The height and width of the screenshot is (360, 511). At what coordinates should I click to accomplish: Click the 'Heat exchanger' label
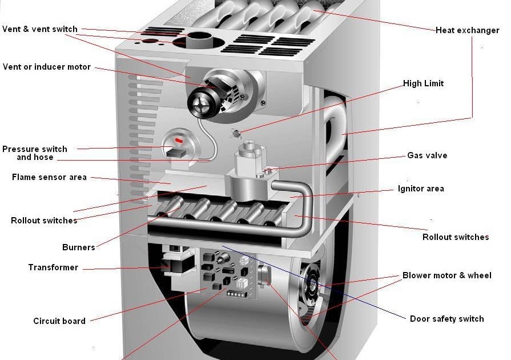click(467, 30)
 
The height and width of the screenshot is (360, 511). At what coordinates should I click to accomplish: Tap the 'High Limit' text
click(423, 83)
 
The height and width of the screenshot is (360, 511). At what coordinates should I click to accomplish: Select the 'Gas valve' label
click(427, 155)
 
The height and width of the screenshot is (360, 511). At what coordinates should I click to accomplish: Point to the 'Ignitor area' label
click(421, 189)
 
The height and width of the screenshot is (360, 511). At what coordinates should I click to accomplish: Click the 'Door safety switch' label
click(446, 319)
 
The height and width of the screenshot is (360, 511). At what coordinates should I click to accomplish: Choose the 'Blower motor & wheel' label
click(446, 275)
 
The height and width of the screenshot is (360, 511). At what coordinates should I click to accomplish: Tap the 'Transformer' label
click(53, 267)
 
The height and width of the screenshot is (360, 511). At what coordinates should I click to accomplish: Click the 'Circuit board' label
click(59, 321)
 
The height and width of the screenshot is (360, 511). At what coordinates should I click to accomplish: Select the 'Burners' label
click(79, 247)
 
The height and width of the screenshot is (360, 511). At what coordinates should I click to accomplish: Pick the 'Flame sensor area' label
click(50, 177)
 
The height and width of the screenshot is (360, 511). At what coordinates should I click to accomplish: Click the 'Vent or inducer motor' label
click(47, 67)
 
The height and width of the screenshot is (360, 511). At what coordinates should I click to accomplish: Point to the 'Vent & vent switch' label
click(40, 29)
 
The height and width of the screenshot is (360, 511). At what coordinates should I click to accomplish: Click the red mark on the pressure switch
click(179, 139)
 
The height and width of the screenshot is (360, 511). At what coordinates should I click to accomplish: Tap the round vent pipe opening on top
click(198, 41)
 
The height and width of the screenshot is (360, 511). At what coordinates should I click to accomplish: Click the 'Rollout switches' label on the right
click(456, 237)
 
